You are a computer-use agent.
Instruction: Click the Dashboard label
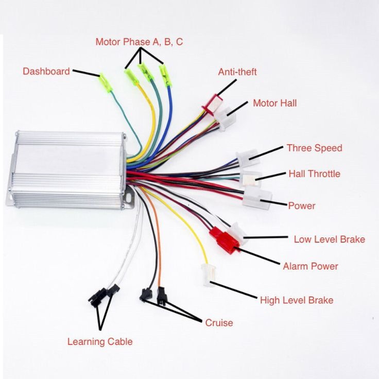pos(46,71)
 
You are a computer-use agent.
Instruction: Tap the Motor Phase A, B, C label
pos(139,42)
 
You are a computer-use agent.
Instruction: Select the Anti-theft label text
pos(237,72)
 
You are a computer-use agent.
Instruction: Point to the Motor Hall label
pos(275,103)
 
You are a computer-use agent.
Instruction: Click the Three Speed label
pos(315,148)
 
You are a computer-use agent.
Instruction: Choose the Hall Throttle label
pos(315,174)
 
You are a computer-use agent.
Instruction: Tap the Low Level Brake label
pos(330,239)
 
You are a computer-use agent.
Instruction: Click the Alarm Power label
pos(311,266)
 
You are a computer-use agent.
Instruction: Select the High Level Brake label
pos(297,300)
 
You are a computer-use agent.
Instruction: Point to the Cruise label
pos(219,323)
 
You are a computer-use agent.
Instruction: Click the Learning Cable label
pos(100,341)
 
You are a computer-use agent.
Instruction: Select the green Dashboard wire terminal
pos(106,83)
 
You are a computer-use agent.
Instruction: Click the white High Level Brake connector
pos(209,274)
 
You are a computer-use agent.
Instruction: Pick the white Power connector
pos(257,198)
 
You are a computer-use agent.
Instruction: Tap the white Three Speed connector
pos(248,158)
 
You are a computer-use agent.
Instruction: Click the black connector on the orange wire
pos(162,296)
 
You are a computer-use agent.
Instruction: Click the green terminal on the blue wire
pos(165,76)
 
